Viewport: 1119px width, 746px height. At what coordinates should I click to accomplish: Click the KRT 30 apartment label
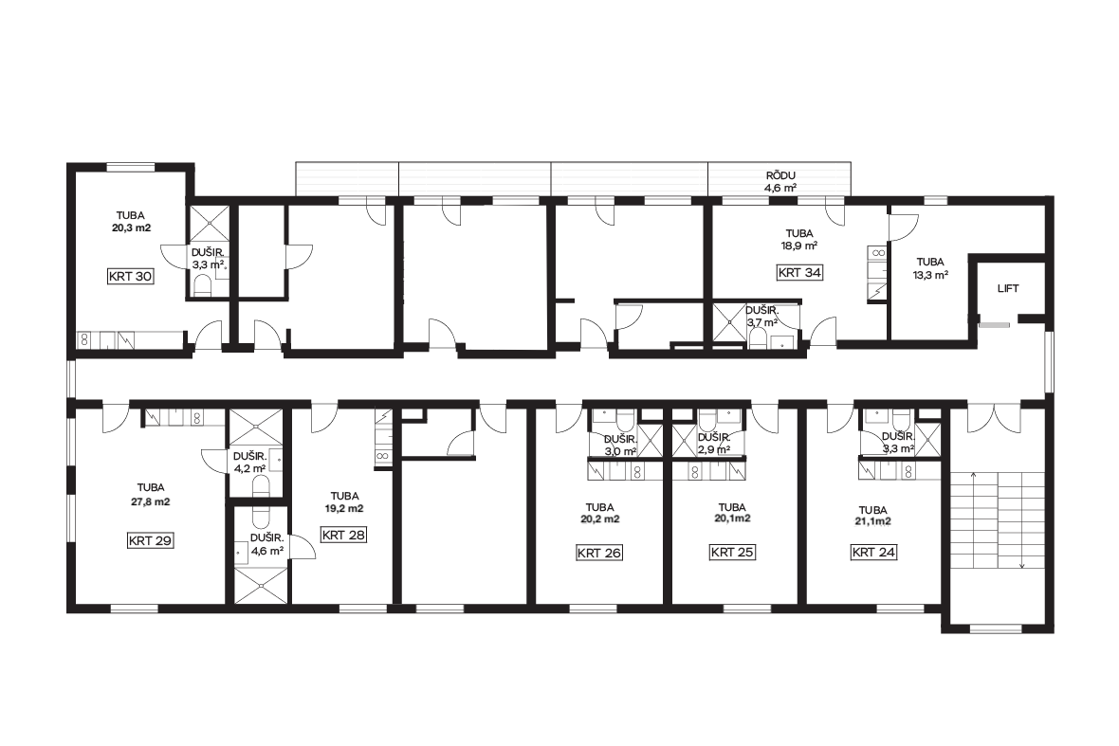131,276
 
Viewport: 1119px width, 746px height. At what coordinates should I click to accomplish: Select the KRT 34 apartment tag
799,272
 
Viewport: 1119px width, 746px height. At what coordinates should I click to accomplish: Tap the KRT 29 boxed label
150,540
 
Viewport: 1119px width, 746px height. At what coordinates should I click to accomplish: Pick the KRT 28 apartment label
343,535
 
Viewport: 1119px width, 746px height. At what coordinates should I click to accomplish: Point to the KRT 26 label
598,552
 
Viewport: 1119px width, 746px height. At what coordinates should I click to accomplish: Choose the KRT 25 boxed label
732,552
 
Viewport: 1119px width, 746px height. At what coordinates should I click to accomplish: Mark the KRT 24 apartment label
873,552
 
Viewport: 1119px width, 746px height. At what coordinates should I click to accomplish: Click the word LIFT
1008,288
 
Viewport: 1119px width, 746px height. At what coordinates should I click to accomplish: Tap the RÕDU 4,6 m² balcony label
780,182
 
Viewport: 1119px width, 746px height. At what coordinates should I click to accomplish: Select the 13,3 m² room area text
930,275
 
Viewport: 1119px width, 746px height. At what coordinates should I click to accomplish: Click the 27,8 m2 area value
151,501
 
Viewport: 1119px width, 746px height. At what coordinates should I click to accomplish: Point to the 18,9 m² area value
799,246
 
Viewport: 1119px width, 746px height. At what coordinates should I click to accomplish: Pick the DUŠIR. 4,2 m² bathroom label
249,463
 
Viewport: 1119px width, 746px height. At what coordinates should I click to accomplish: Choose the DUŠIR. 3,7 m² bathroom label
761,317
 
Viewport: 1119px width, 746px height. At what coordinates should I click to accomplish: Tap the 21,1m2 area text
873,521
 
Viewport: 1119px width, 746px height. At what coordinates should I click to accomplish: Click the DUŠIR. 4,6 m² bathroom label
266,545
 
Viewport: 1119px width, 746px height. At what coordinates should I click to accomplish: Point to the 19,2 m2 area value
344,508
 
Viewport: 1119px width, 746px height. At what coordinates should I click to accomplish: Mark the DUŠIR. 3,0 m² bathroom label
620,445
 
